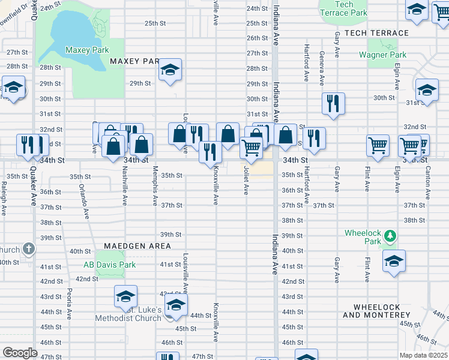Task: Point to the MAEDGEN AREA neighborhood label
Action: coord(137,246)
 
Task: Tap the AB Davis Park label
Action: coord(109,265)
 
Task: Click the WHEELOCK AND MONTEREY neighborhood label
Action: coord(376,311)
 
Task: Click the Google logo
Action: coord(20,353)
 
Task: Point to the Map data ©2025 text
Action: coord(423,355)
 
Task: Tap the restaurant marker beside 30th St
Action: coord(333,103)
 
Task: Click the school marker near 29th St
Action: coord(170,70)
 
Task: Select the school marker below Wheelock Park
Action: coord(394,260)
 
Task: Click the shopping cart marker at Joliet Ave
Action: coord(251,147)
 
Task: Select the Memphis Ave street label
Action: coord(155,183)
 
